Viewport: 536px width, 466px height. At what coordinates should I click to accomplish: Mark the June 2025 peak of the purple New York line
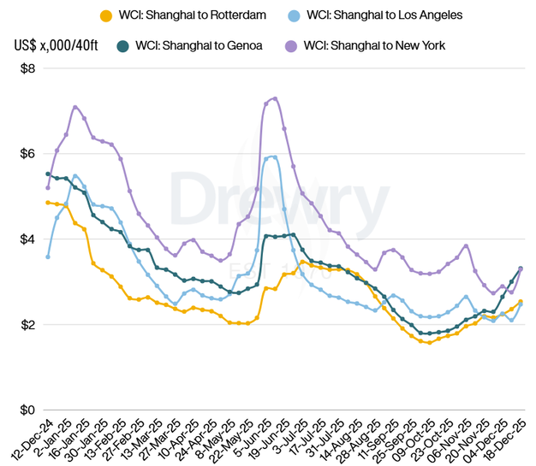(x=274, y=98)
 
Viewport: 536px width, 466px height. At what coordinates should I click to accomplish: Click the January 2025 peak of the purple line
(x=75, y=107)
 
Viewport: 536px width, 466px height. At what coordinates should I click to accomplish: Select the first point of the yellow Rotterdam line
(x=48, y=203)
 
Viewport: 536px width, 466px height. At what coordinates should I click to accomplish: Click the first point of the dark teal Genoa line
(x=48, y=174)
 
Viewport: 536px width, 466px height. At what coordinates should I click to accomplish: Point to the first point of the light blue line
(x=48, y=257)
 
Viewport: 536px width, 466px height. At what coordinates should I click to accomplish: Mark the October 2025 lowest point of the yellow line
(x=429, y=342)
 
